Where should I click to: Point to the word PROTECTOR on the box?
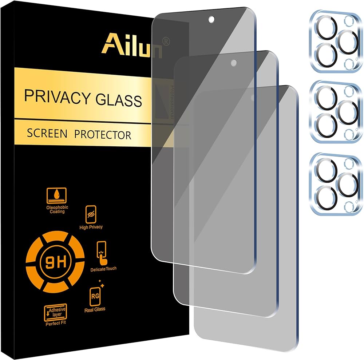point(103,135)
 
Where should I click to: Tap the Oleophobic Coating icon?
point(57,197)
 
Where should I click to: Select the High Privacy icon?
point(90,213)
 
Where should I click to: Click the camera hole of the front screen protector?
point(211,19)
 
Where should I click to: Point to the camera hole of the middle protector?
point(233,63)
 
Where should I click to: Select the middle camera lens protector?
point(336,111)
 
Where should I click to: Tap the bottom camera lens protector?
point(336,183)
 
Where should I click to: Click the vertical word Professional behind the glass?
point(170,102)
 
